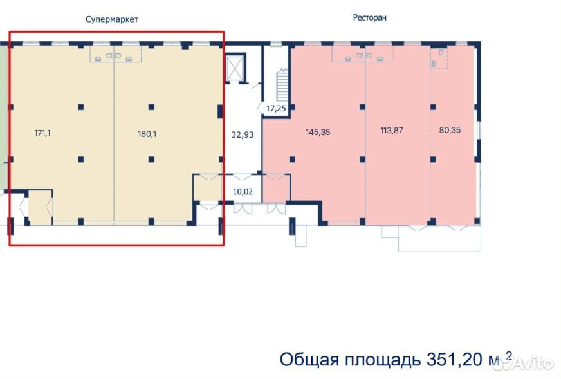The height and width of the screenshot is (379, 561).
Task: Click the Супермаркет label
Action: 112,19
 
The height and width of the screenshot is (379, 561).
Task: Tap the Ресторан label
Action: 369,17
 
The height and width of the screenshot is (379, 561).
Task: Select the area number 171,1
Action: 42,133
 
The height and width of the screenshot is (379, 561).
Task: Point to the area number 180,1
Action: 147,134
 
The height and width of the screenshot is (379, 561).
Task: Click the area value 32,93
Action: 242,134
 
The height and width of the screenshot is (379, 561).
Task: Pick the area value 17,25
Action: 276,108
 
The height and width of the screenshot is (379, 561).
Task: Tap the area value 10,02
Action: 243,192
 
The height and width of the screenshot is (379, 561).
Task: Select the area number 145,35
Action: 318,132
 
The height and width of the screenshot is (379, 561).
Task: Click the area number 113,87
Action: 391,130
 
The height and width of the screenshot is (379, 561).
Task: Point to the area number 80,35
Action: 450,130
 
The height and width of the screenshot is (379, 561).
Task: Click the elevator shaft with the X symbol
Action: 235,68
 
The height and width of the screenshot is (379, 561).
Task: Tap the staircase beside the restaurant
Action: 282,85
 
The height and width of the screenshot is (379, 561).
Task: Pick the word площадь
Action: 382,360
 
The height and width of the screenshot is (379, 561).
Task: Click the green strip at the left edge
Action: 3,118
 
